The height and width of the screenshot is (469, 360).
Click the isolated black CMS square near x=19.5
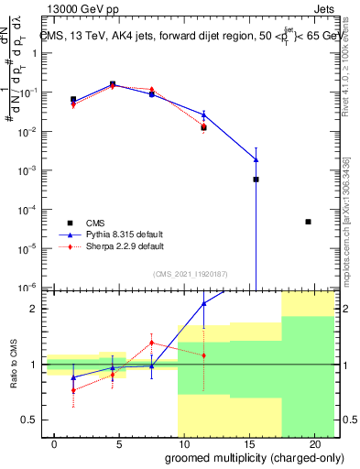pyautogui.click(x=308, y=222)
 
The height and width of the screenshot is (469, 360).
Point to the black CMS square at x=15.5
pyautogui.click(x=256, y=180)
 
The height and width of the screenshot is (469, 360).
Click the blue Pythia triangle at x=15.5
pyautogui.click(x=256, y=160)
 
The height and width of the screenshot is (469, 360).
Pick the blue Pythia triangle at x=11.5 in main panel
pyautogui.click(x=203, y=115)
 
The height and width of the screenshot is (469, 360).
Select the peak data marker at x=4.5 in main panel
pyautogui.click(x=113, y=84)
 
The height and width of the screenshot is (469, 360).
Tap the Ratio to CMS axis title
pyautogui.click(x=14, y=364)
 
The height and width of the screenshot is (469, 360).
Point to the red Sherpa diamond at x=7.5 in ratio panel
pyautogui.click(x=151, y=343)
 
